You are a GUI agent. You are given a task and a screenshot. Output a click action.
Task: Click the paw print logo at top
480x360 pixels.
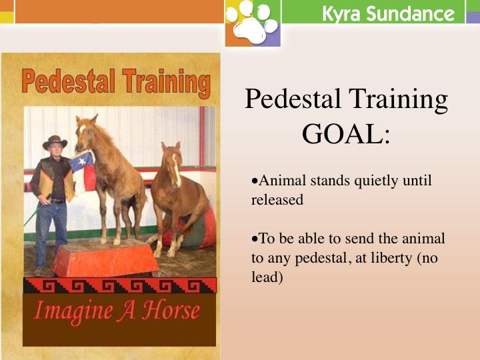tap(252, 23)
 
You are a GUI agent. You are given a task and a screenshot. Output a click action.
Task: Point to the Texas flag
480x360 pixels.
tap(83, 169)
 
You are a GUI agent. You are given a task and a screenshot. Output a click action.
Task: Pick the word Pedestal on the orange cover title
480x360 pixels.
tap(67, 82)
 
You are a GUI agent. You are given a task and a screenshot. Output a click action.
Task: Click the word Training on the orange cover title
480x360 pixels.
tap(163, 83)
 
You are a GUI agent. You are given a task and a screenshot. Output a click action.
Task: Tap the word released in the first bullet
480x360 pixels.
tap(277, 199)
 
